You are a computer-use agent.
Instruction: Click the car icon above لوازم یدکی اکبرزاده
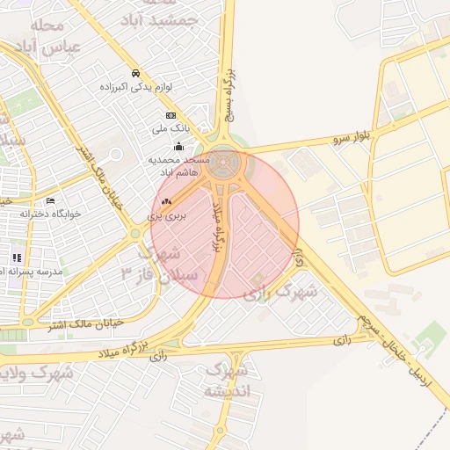(135, 73)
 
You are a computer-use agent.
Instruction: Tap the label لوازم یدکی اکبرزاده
(135, 87)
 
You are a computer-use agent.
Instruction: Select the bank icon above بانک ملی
(171, 115)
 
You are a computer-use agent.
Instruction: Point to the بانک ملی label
(171, 129)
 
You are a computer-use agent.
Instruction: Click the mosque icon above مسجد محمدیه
(179, 146)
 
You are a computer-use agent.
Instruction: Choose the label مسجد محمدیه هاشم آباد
(179, 165)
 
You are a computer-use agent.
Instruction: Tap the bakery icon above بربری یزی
(166, 202)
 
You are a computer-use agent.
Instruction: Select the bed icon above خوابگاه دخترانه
(50, 200)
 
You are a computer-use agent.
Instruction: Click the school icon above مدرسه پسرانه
(16, 258)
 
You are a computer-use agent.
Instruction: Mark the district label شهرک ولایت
(39, 372)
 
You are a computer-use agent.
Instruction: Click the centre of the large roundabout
(226, 163)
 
